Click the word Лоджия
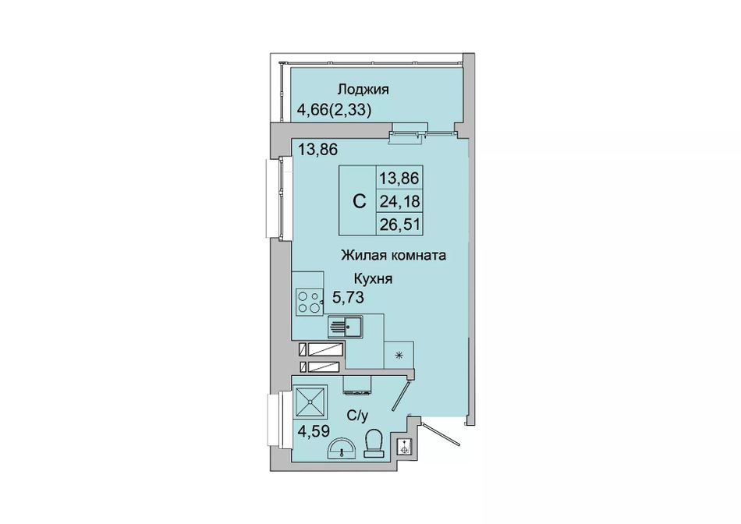click(363, 90)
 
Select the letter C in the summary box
click(359, 202)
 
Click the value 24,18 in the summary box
click(399, 202)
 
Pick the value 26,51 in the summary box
click(399, 224)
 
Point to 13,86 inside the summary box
click(399, 179)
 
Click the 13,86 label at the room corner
click(317, 150)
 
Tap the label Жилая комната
click(394, 256)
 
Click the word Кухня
click(374, 279)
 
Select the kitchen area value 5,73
click(348, 298)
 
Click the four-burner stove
click(309, 302)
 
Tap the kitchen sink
click(346, 327)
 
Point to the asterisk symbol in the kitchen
click(399, 356)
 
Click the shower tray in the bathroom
click(310, 402)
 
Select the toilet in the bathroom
click(374, 443)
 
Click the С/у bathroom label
click(357, 416)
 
